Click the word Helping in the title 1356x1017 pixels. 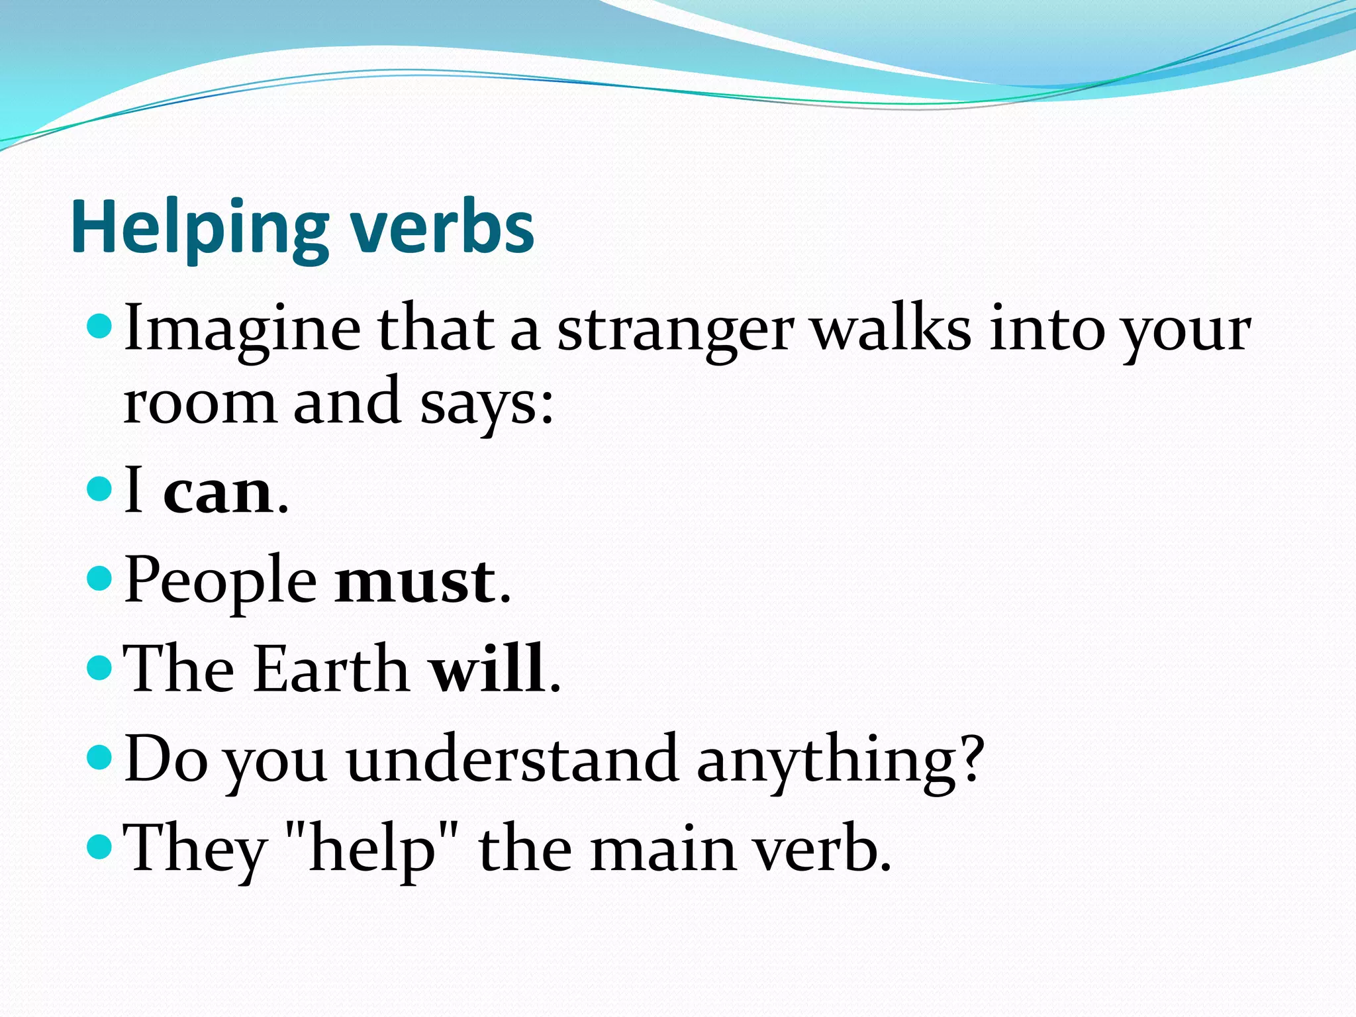click(x=199, y=228)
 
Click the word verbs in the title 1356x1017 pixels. click(x=442, y=228)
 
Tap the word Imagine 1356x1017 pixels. click(x=242, y=329)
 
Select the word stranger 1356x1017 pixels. click(x=675, y=329)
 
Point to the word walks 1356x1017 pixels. click(x=891, y=329)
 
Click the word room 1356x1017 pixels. click(x=199, y=402)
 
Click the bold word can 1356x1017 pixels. click(x=218, y=492)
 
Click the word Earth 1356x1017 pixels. click(x=332, y=669)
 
